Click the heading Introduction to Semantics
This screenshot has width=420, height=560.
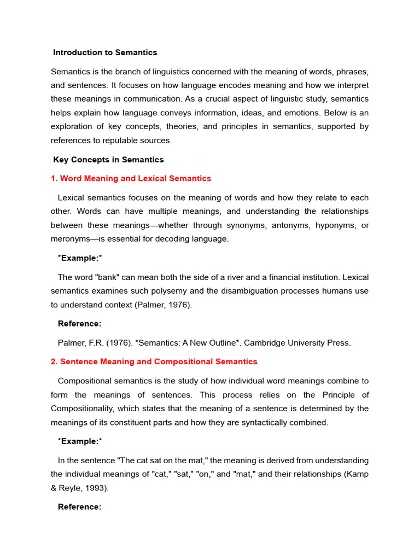tap(105, 52)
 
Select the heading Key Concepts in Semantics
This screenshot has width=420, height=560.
tap(108, 160)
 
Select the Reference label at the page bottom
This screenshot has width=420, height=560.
tap(80, 506)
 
